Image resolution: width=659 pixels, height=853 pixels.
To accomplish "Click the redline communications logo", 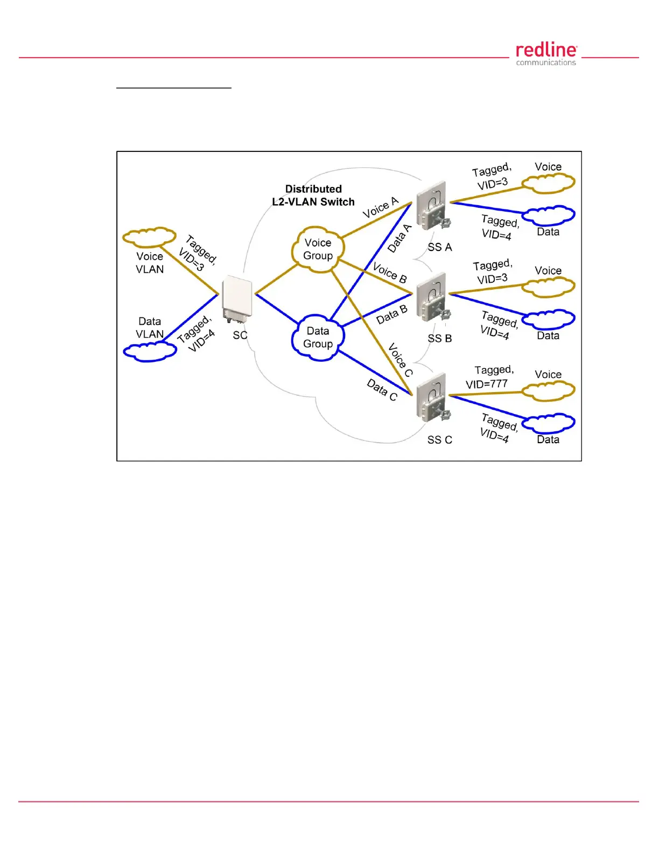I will pos(546,54).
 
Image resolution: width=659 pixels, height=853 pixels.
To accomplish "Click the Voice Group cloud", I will pos(318,249).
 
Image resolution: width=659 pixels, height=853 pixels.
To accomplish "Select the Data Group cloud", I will pos(318,337).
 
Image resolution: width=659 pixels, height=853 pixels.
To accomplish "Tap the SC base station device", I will pos(237,298).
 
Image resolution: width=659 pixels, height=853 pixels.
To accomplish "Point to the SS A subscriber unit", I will pos(432,205).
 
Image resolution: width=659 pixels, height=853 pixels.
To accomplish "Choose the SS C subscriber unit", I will pos(432,397).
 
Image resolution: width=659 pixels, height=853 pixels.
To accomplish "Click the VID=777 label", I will pos(487,384).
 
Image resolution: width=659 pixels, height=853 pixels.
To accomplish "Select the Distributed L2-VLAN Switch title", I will pos(313,195).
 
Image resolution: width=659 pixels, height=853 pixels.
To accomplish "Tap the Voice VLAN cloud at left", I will pos(150,237).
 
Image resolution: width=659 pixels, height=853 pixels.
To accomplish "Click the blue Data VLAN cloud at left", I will pos(150,352).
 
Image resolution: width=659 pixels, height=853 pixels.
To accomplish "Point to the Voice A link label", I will pos(380,207).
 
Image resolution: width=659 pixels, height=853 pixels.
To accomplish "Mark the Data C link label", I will pos(382,390).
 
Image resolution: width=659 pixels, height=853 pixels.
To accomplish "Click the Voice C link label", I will pos(401,360).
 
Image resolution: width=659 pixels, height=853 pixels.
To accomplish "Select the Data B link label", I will pos(391,314).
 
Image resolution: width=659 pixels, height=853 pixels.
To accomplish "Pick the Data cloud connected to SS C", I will pos(548,423).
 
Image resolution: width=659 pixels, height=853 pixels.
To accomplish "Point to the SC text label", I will pos(240,335).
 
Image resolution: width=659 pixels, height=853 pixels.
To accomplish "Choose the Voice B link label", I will pos(390,273).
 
